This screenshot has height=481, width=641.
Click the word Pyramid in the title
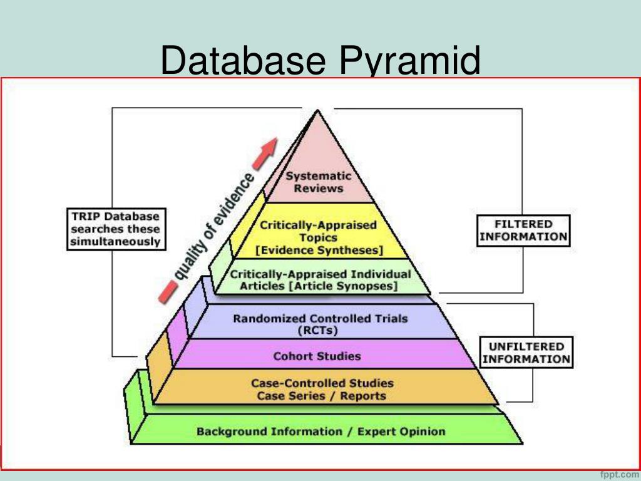pyautogui.click(x=411, y=61)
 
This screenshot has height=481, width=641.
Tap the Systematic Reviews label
pyautogui.click(x=319, y=182)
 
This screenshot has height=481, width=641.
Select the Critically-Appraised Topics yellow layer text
pyautogui.click(x=319, y=231)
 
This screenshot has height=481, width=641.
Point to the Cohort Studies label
pyautogui.click(x=317, y=356)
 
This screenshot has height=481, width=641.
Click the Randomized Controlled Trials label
pyautogui.click(x=320, y=318)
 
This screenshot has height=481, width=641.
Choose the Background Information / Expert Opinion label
pyautogui.click(x=321, y=432)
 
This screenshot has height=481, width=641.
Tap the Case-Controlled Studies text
pyautogui.click(x=322, y=383)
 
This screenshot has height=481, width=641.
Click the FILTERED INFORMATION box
pyautogui.click(x=523, y=230)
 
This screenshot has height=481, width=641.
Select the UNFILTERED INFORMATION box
pyautogui.click(x=526, y=353)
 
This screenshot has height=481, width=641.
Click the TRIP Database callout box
pyautogui.click(x=115, y=229)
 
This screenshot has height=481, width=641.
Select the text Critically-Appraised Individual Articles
pyautogui.click(x=320, y=274)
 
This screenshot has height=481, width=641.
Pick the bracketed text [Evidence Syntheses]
pyautogui.click(x=319, y=250)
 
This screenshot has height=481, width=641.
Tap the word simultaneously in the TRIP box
pyautogui.click(x=115, y=242)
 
